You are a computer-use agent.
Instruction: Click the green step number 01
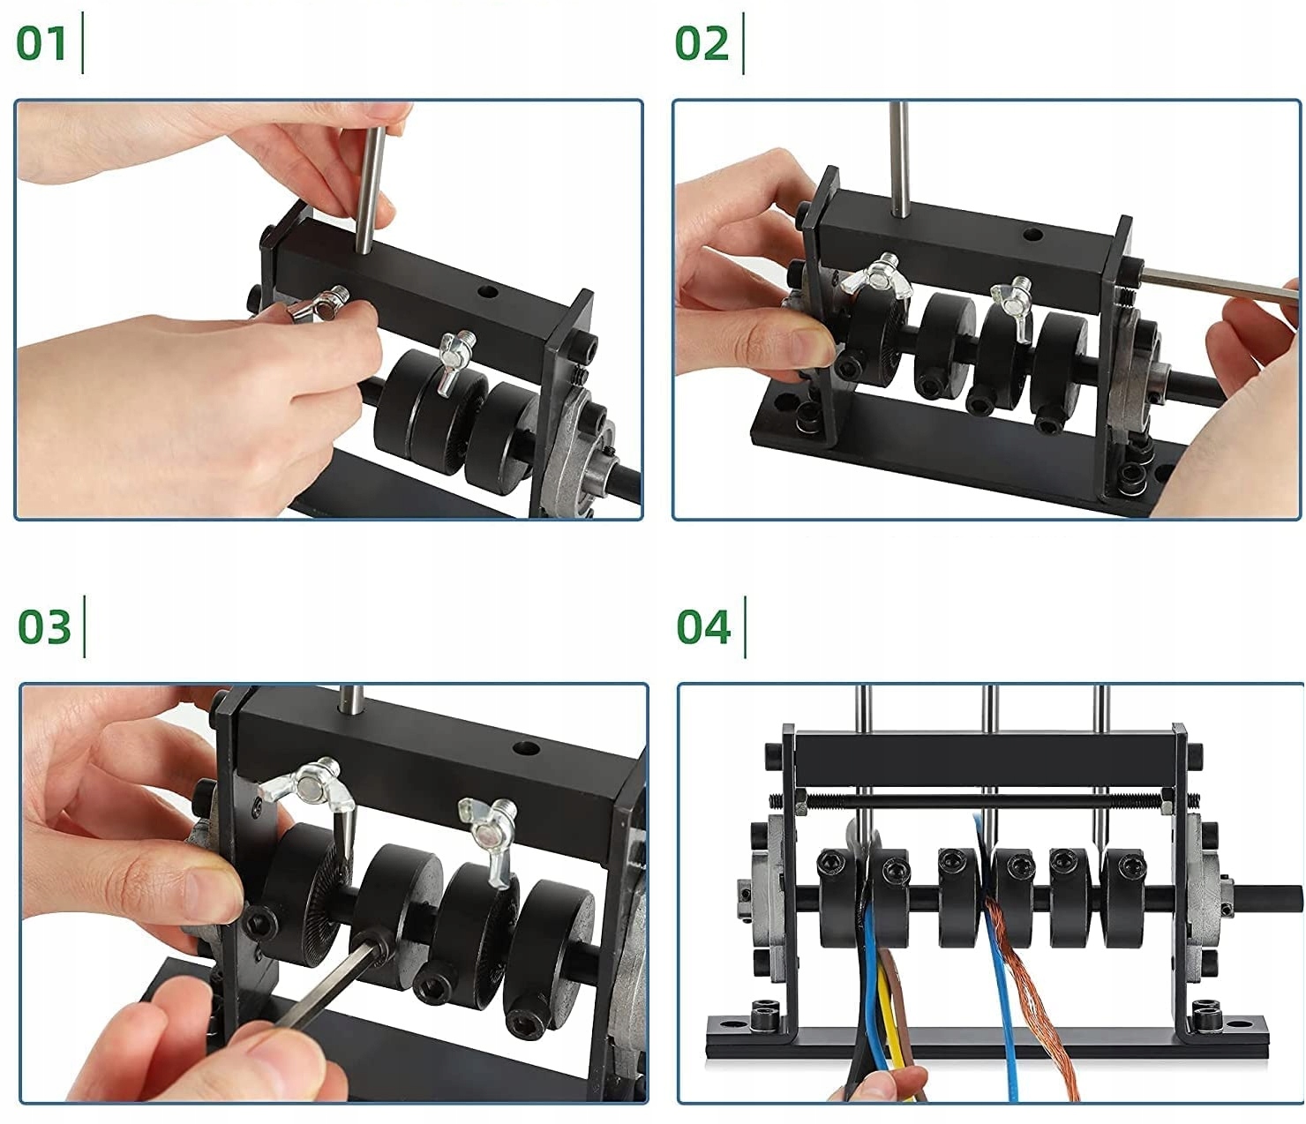[41, 43]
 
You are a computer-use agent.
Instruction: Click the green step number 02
[702, 43]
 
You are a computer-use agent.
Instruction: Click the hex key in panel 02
[1220, 286]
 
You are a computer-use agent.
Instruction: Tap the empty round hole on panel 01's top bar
[487, 292]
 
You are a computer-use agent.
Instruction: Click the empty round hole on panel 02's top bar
[1032, 235]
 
